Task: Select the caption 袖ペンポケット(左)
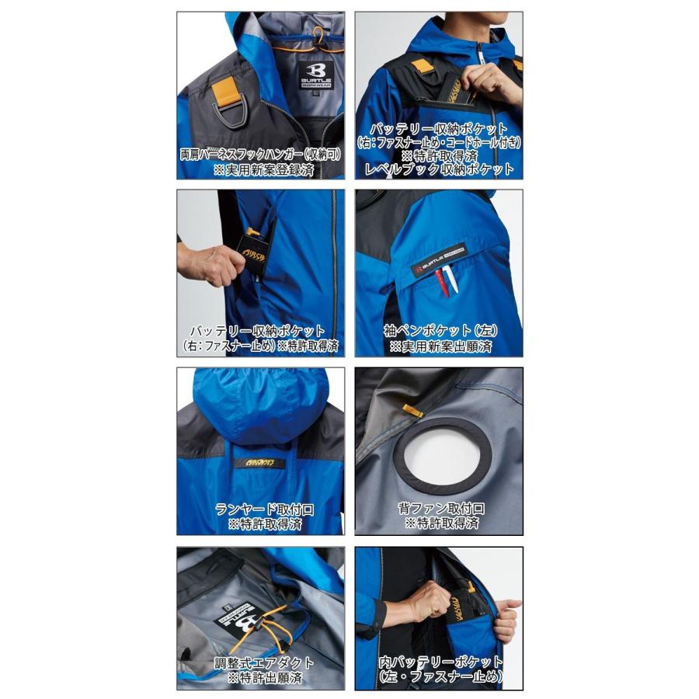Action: click(440, 330)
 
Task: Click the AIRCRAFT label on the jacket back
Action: click(259, 464)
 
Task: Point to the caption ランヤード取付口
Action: click(262, 509)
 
